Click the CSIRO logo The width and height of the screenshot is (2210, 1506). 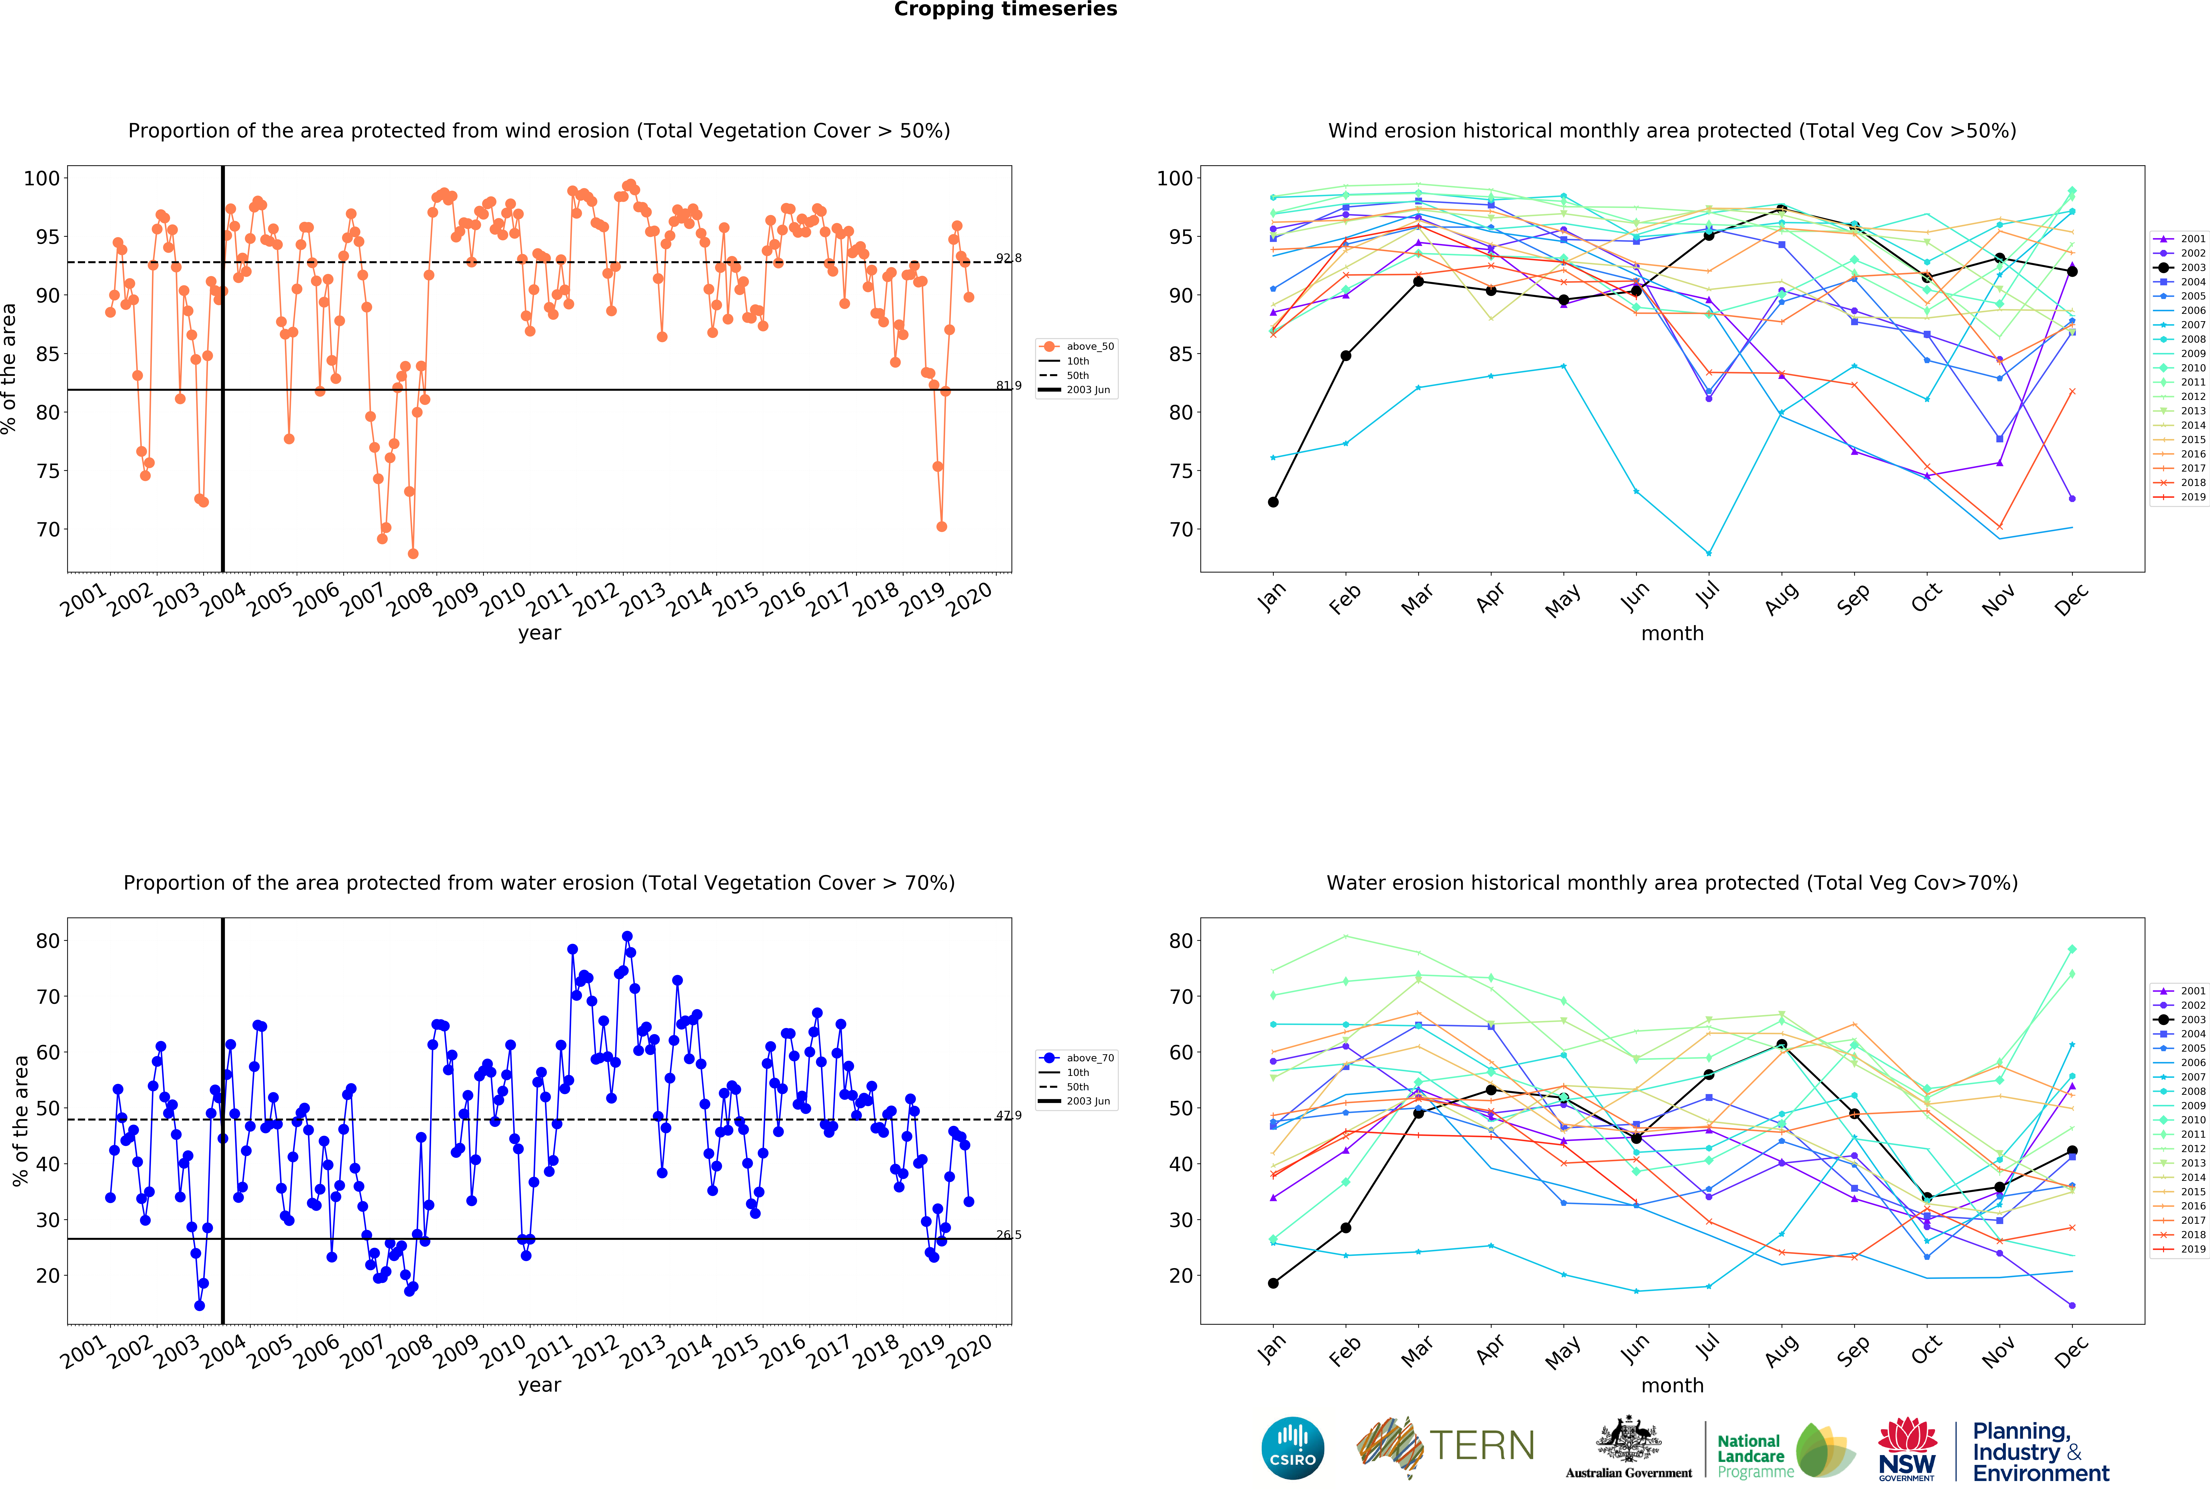click(x=1292, y=1448)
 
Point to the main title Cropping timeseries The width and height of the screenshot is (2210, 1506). click(x=1005, y=9)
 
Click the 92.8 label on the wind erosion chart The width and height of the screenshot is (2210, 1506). click(x=1008, y=258)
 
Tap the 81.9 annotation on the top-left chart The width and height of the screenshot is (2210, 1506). click(x=1008, y=385)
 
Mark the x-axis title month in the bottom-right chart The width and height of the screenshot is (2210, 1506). click(x=1672, y=1385)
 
